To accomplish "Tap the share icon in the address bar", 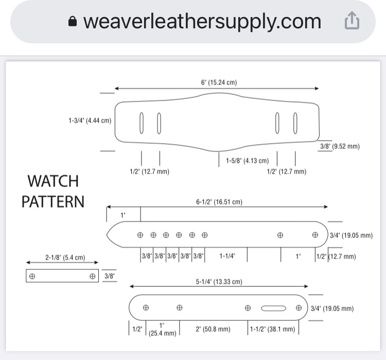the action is pos(352,21).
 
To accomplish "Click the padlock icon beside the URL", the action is pos(73,21).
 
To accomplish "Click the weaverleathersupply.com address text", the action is pos(202,22).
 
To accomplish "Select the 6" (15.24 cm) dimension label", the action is pos(219,82).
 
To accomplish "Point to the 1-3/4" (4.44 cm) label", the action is pos(90,121).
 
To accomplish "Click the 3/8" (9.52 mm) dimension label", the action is pos(340,146).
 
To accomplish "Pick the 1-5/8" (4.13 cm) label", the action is pos(248,161).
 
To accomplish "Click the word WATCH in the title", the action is pos(53,181).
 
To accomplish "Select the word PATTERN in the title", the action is pos(53,201).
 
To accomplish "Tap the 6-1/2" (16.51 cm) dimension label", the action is pos(219,202).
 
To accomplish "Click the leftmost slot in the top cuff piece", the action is pos(142,123).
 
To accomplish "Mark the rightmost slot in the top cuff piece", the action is pos(295,123).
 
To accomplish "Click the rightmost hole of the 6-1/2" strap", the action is pos(315,235).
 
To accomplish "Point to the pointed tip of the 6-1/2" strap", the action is pos(107,234).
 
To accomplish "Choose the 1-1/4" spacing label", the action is pos(227,256).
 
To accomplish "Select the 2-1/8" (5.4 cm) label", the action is pos(65,258).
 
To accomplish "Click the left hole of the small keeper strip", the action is pos(32,276).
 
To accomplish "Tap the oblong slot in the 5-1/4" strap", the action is pos(273,308).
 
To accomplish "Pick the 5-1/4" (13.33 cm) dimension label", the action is pos(219,282).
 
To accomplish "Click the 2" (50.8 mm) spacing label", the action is pos(213,329).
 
